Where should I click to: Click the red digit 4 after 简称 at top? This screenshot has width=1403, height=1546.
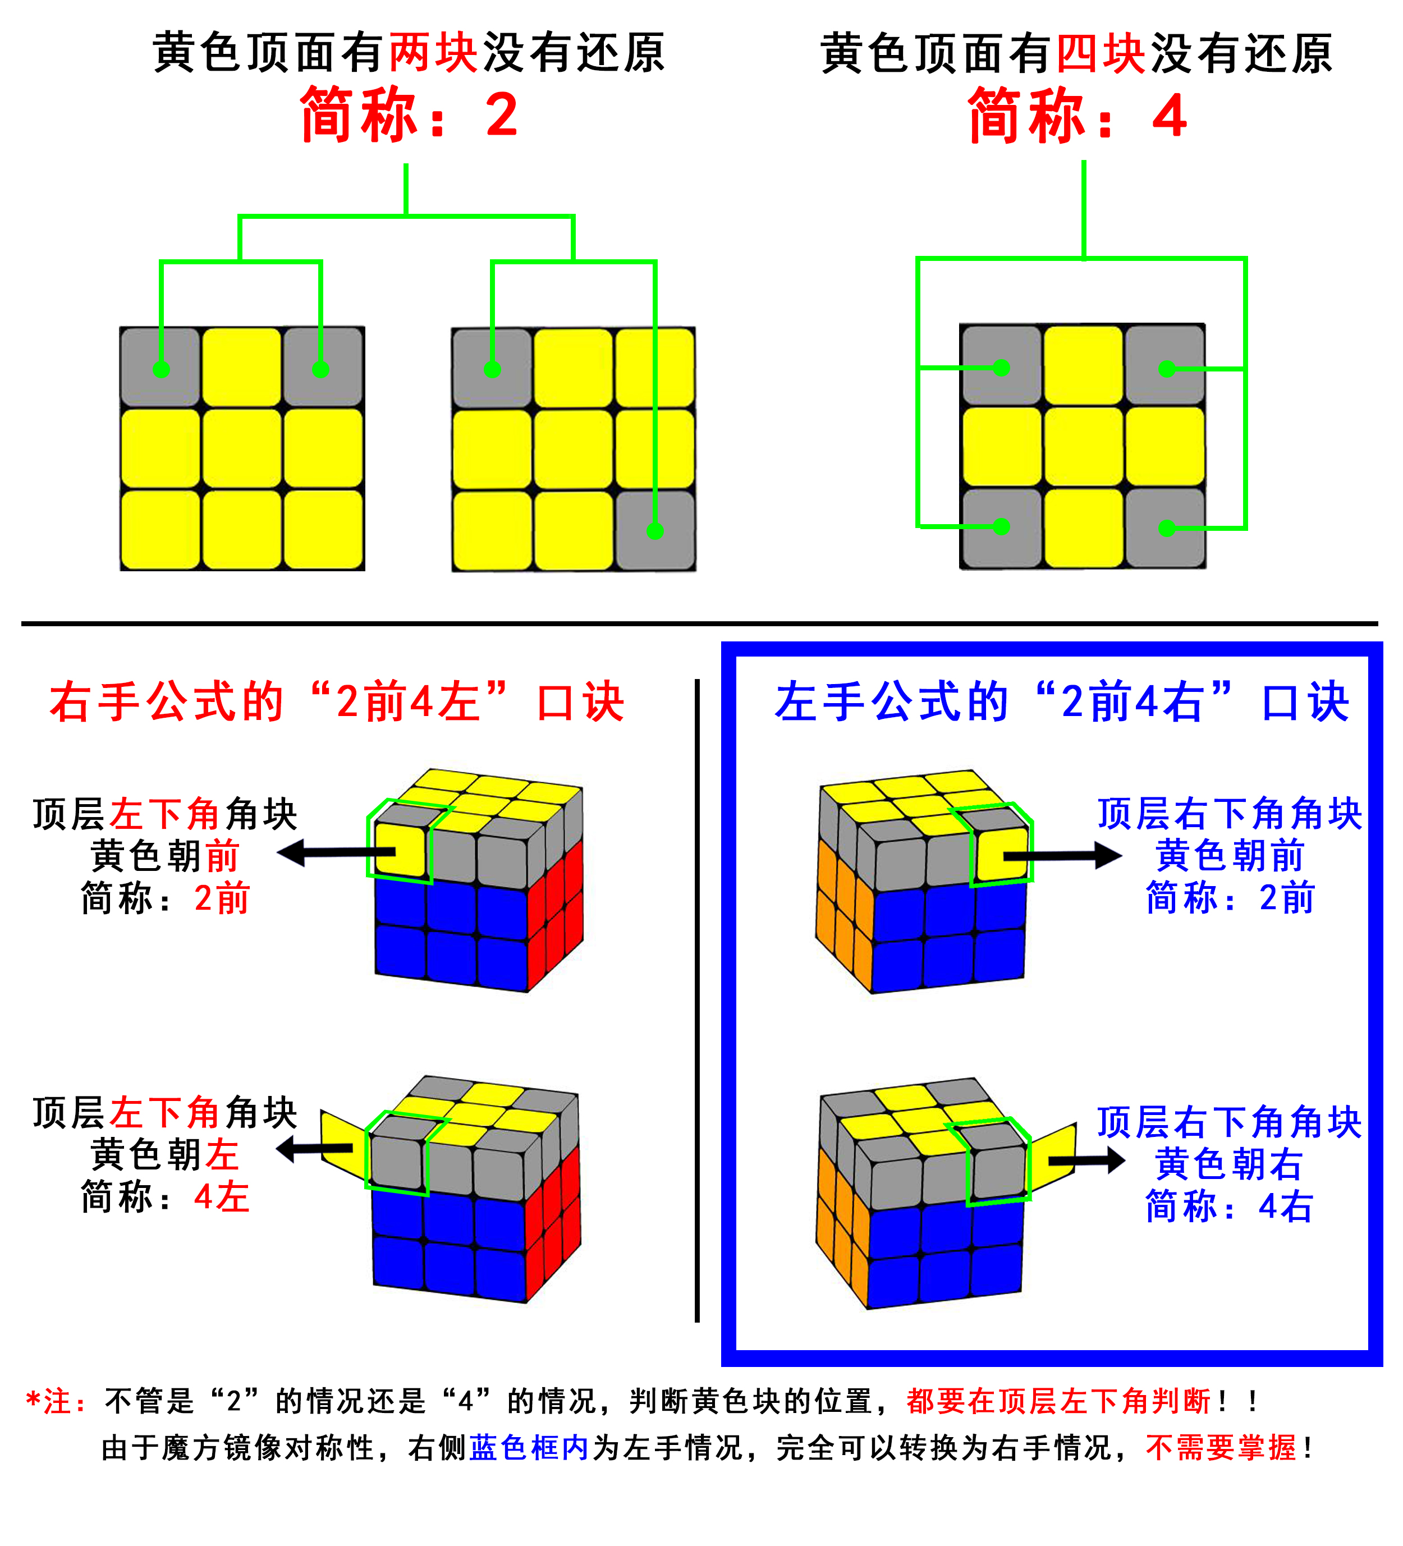pyautogui.click(x=1170, y=117)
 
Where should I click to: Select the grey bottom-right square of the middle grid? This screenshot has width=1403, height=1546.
pyautogui.click(x=655, y=530)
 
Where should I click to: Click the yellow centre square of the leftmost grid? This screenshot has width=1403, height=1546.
pyautogui.click(x=242, y=448)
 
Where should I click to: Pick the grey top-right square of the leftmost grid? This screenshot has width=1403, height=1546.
pyautogui.click(x=322, y=366)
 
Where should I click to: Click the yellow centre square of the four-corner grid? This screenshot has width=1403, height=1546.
pyautogui.click(x=1083, y=446)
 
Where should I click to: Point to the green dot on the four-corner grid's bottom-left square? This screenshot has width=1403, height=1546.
pyautogui.click(x=1001, y=526)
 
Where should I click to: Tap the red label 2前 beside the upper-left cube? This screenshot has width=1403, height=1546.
pyautogui.click(x=222, y=898)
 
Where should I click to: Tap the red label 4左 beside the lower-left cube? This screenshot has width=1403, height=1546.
pyautogui.click(x=222, y=1197)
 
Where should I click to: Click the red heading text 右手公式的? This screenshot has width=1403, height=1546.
pyautogui.click(x=167, y=701)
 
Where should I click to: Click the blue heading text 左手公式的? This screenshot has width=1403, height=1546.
pyautogui.click(x=892, y=701)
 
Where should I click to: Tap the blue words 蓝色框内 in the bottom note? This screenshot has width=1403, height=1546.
pyautogui.click(x=529, y=1448)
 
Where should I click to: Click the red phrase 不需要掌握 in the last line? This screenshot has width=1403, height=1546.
pyautogui.click(x=1221, y=1448)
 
